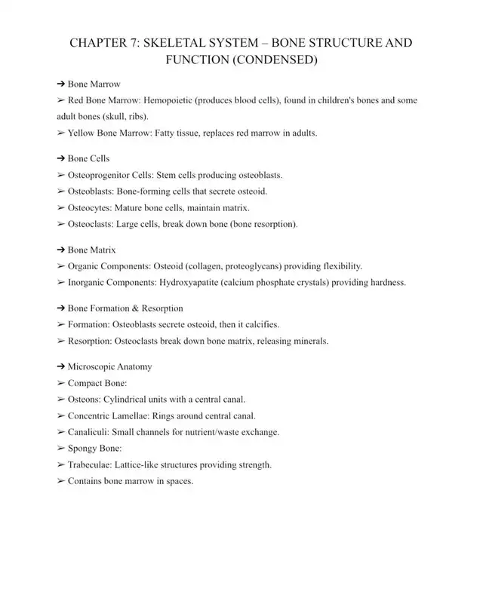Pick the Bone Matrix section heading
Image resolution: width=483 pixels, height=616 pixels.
pos(91,250)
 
